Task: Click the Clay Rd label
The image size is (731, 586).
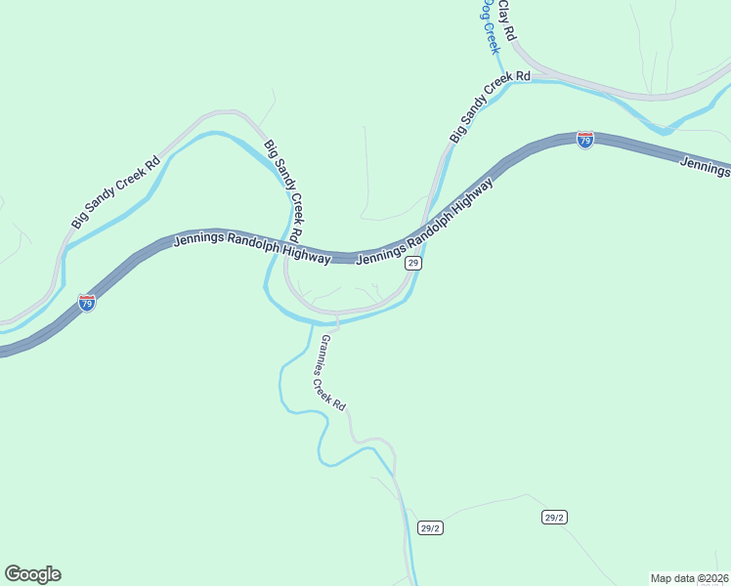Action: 506,21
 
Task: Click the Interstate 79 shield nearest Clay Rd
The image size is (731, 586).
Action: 584,141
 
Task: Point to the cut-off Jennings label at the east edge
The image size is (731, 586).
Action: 706,167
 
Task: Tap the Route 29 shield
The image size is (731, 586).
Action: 413,264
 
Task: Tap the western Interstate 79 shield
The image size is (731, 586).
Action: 87,303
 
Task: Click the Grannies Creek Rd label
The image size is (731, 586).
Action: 327,373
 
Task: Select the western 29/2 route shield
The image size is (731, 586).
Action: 431,528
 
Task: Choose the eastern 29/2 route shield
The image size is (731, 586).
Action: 554,517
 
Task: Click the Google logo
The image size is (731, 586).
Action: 32,574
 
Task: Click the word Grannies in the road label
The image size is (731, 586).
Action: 320,354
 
